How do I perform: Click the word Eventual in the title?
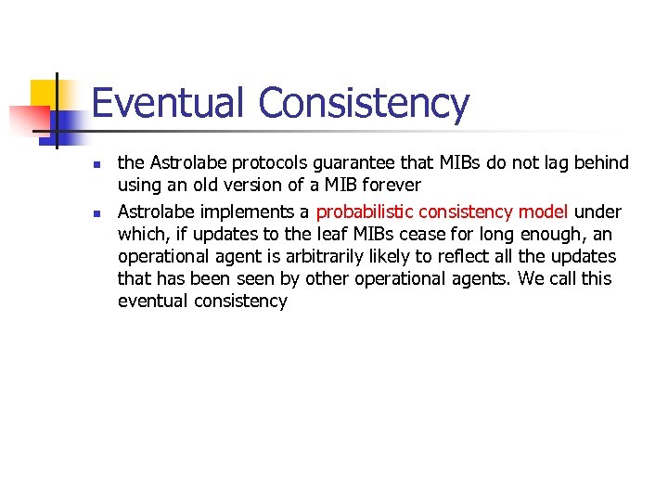pyautogui.click(x=169, y=104)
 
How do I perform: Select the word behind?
pyautogui.click(x=600, y=163)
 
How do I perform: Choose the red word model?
pyautogui.click(x=543, y=211)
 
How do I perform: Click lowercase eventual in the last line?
pyautogui.click(x=153, y=302)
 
